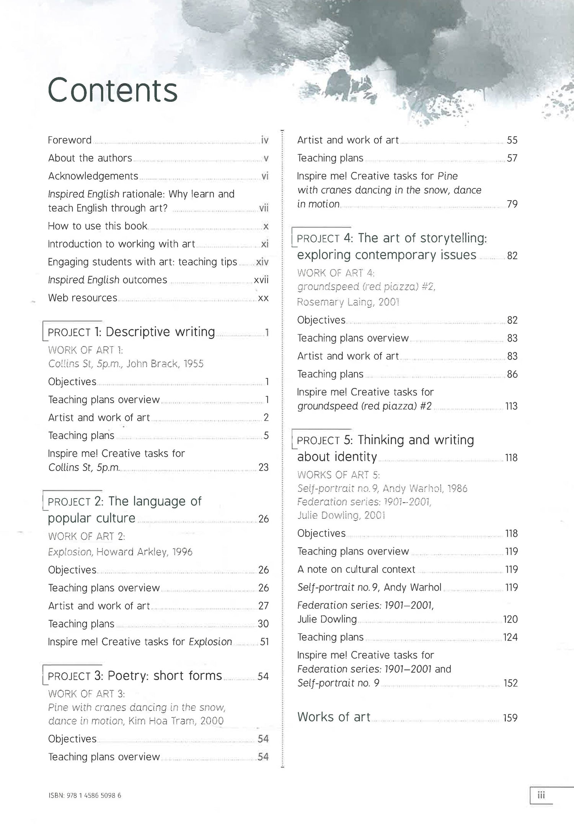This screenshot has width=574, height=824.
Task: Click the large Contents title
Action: click(113, 90)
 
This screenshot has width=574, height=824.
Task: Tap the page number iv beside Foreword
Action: click(264, 140)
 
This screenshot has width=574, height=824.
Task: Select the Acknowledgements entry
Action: click(93, 176)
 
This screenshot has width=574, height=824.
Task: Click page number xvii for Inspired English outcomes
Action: click(261, 280)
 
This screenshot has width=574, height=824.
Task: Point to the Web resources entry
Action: click(83, 298)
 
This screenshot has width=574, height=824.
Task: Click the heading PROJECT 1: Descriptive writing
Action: click(131, 332)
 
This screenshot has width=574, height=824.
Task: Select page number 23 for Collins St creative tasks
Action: click(263, 467)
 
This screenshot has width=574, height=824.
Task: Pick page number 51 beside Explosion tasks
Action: click(264, 642)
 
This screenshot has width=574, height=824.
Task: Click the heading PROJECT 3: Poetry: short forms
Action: click(135, 676)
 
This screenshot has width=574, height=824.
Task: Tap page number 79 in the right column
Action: click(512, 204)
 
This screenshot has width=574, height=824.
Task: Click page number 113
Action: click(511, 406)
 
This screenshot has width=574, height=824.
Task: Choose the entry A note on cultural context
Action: click(356, 569)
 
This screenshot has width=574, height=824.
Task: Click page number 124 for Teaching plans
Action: click(510, 637)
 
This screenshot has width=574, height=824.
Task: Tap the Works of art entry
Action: click(334, 717)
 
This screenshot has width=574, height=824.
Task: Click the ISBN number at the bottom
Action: click(85, 795)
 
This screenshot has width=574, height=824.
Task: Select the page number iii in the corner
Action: click(541, 795)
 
